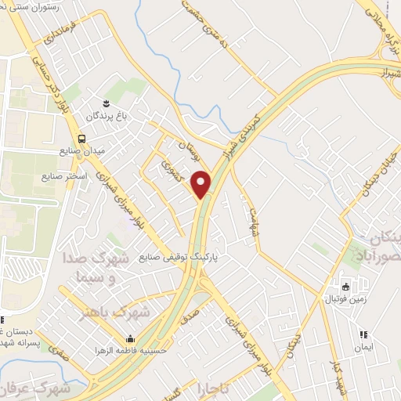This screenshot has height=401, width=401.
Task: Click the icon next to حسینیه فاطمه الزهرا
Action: (129, 340)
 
